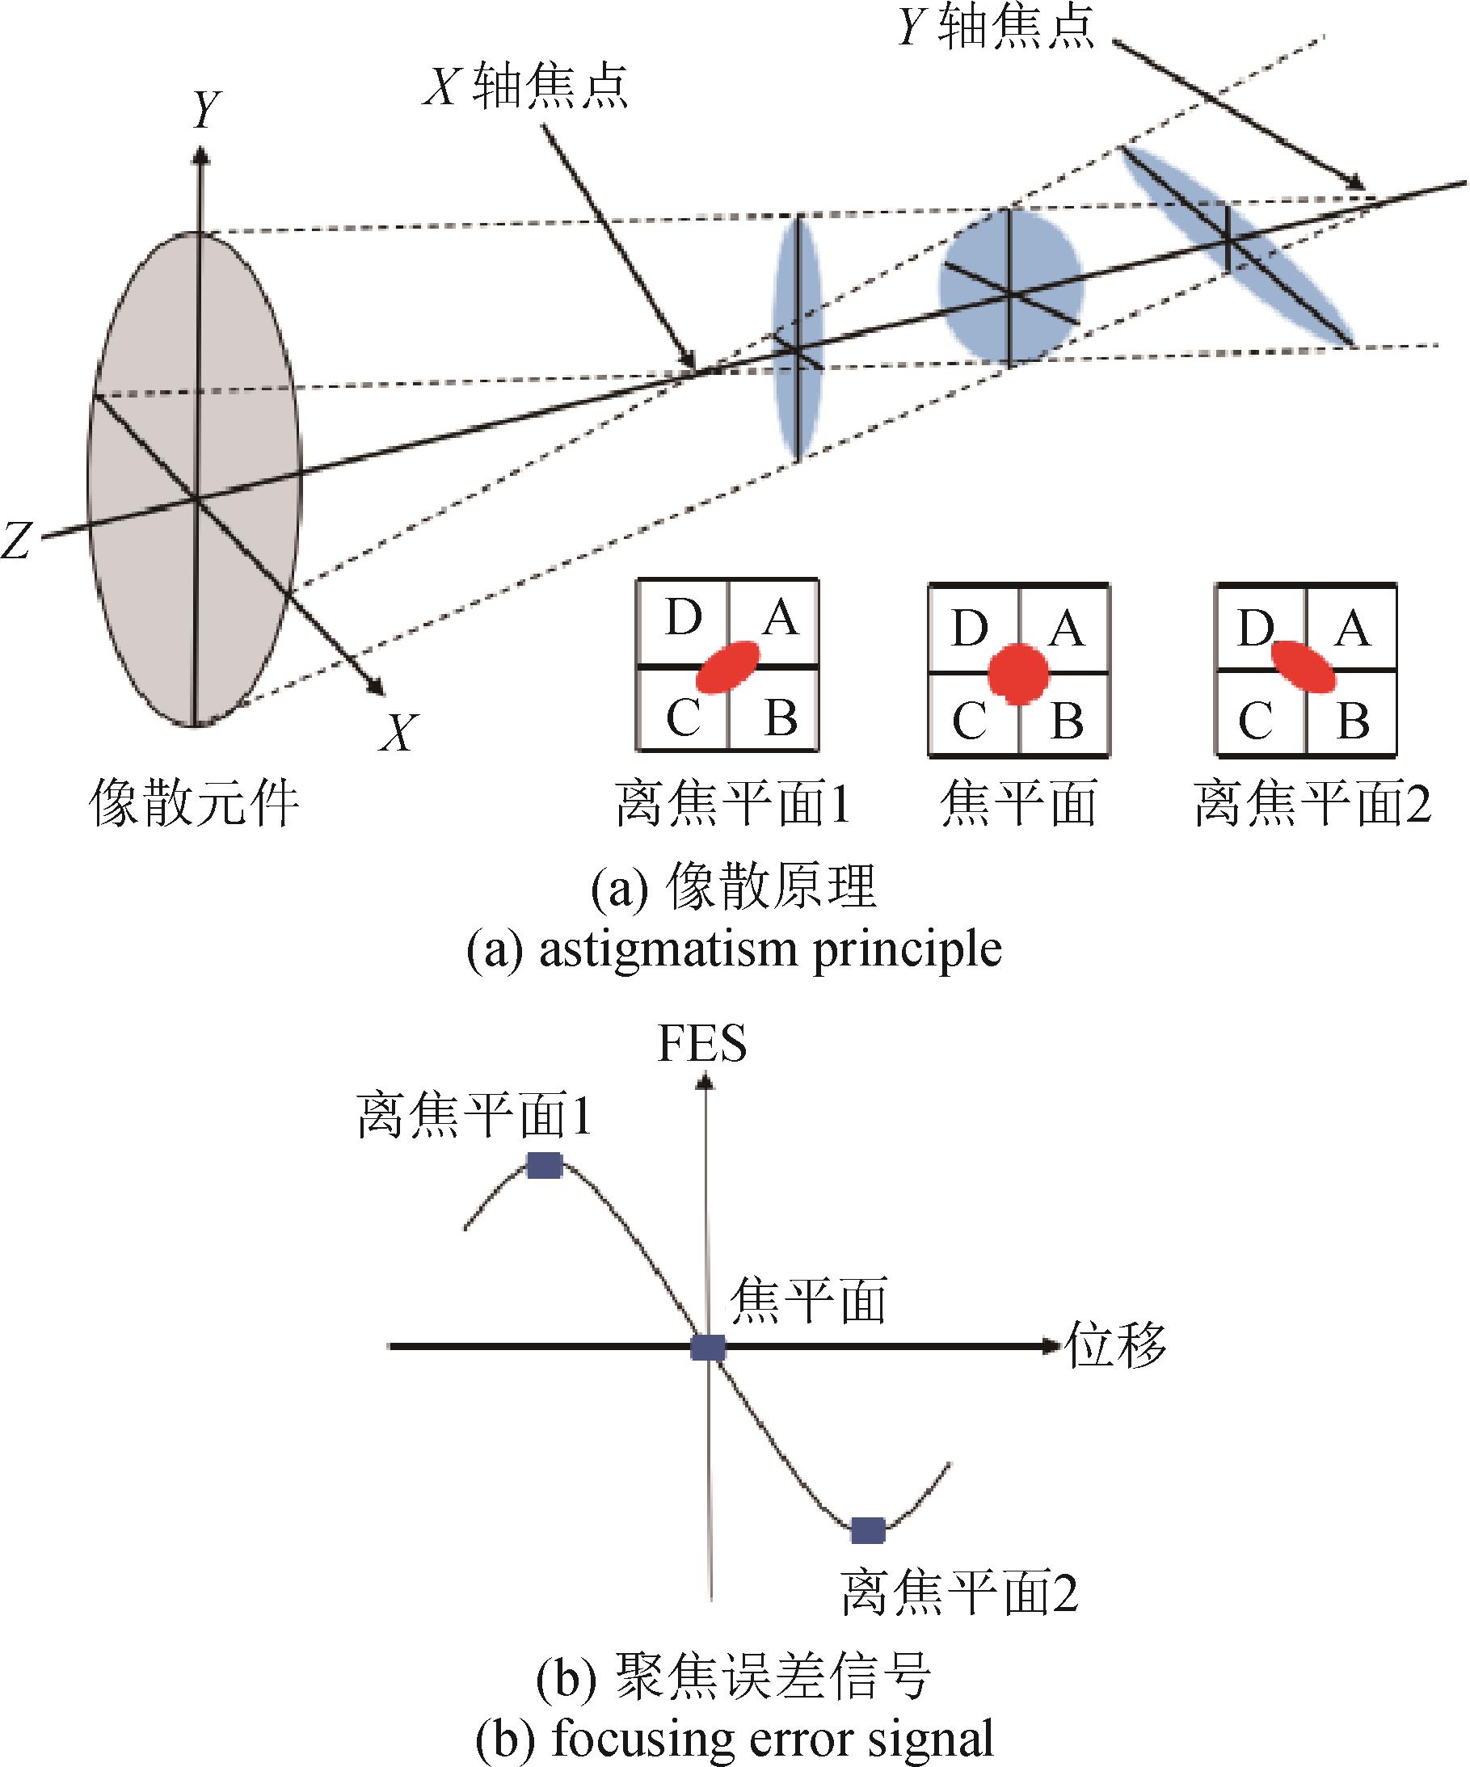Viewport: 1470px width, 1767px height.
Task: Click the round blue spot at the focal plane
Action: tap(1010, 287)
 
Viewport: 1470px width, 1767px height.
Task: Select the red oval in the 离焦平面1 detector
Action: tap(728, 667)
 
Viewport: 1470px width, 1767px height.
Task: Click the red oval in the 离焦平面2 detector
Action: tap(1303, 667)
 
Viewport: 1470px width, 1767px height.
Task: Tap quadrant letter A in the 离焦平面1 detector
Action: tap(780, 618)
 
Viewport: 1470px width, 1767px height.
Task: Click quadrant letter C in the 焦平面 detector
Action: tap(968, 722)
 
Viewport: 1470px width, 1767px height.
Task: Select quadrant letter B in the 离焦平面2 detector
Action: tap(1352, 722)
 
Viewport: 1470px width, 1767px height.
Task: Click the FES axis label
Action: tap(701, 1043)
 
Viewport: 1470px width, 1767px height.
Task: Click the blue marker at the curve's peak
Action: tap(545, 1165)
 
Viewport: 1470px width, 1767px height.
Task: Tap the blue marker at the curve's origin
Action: tap(708, 1347)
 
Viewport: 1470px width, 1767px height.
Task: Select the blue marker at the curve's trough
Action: tap(867, 1530)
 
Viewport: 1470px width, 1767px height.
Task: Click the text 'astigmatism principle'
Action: tap(770, 950)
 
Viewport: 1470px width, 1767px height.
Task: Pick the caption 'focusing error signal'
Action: tap(773, 1740)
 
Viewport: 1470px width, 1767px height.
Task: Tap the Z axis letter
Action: tap(16, 540)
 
